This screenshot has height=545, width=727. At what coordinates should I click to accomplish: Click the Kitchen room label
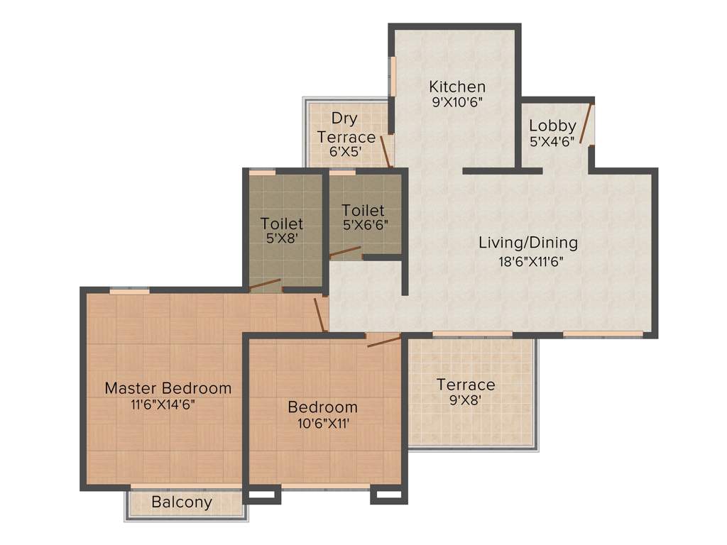[x=457, y=87]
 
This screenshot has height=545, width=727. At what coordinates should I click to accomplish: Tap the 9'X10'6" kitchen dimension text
[x=457, y=101]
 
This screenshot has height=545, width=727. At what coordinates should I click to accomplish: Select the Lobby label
[x=552, y=126]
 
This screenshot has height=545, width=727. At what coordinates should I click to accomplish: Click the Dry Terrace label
[x=346, y=127]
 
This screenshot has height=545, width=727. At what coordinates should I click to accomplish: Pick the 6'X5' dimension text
[x=346, y=151]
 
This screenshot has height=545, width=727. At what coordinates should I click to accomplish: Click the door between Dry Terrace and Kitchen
[x=386, y=150]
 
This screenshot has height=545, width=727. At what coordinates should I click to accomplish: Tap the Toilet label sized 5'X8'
[x=282, y=224]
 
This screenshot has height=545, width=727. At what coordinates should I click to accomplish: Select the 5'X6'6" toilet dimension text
[x=365, y=226]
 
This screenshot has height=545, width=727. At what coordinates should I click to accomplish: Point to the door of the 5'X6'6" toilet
[x=345, y=252]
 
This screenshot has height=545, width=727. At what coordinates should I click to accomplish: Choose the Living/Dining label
[x=528, y=243]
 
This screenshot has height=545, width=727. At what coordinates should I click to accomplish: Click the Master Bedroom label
[x=168, y=388]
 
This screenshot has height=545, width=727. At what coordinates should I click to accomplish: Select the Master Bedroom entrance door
[x=319, y=314]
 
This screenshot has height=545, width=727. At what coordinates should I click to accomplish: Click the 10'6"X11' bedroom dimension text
[x=322, y=424]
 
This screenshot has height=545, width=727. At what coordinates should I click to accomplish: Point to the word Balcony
[x=182, y=502]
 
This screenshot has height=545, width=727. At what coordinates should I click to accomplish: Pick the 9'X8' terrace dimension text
[x=466, y=400]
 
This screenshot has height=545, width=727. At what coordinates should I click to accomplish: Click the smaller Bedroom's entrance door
[x=384, y=341]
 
